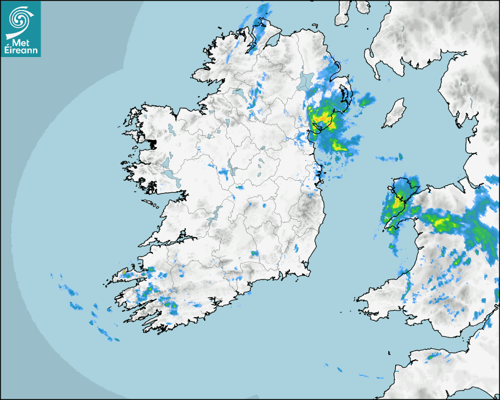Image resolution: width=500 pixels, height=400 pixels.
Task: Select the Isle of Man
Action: tap(394, 114)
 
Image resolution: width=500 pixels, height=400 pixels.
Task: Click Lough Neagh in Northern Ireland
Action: tap(305, 82)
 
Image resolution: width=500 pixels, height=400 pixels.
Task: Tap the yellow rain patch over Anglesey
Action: tap(399, 203)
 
